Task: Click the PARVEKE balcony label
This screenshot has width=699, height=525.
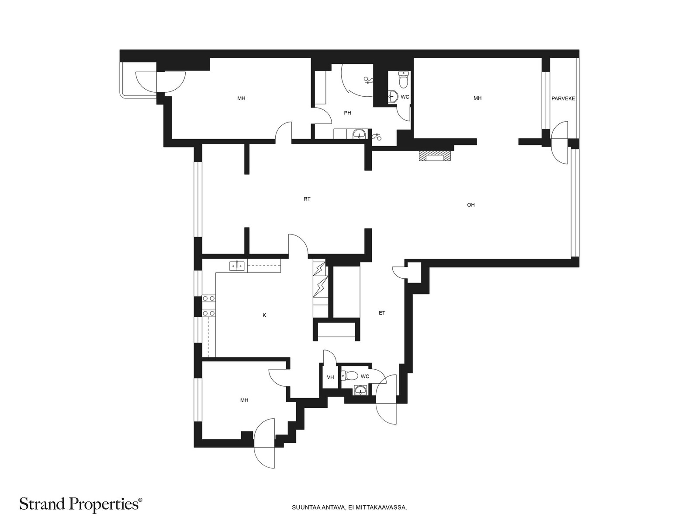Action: tap(563, 98)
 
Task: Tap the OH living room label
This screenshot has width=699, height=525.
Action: tap(471, 205)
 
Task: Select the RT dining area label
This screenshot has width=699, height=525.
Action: tap(307, 199)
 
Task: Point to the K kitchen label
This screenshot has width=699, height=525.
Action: tap(264, 315)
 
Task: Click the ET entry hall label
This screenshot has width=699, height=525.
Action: tap(382, 313)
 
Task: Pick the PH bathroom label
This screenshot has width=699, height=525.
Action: tap(347, 113)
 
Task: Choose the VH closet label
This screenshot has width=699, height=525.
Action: tap(330, 378)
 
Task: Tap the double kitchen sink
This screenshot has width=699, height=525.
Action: tap(237, 265)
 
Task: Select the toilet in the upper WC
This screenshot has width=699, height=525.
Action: tap(404, 79)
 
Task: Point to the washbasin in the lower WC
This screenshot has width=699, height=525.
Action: tap(360, 390)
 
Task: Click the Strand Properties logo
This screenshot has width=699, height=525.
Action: tap(81, 504)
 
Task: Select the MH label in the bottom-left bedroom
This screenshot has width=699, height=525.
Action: tap(244, 400)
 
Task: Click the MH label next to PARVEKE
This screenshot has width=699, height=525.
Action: tap(478, 98)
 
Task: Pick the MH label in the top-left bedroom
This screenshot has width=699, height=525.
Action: tap(241, 98)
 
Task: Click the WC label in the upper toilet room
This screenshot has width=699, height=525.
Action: tap(405, 97)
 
